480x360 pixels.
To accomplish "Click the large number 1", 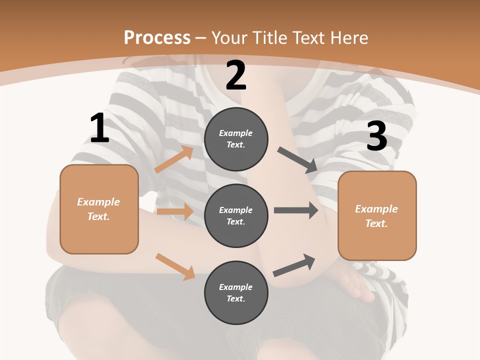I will tap(99, 128).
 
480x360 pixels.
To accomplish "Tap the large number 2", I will tap(236, 75).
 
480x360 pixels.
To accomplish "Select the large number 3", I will tap(376, 136).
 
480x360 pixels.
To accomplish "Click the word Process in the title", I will tap(157, 37).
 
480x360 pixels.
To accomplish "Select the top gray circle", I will tap(236, 139).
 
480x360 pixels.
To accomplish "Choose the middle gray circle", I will tap(236, 215).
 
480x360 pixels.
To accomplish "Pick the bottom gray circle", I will tap(236, 292).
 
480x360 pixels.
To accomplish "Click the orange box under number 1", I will tap(99, 209).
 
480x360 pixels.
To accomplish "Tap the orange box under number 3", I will tap(377, 215).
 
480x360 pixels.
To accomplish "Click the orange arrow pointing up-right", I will tap(174, 159).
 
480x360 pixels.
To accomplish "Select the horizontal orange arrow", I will tap(175, 211).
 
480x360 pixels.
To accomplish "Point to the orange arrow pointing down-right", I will tap(175, 266).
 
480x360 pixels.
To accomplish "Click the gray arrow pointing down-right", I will tap(297, 160).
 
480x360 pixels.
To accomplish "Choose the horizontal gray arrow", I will tap(296, 210).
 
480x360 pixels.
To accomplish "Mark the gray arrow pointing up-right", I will tap(294, 265).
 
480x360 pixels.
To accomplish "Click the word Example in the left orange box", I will tap(98, 202).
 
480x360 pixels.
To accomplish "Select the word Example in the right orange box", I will tap(376, 209).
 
